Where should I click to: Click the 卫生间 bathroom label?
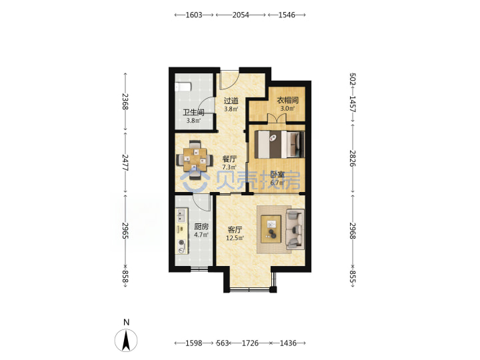coord(193,112)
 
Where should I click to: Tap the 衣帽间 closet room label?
coord(288,100)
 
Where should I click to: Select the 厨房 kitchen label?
coord(201,227)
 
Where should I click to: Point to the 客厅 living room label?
coord(235,229)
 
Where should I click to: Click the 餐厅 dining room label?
coord(229,159)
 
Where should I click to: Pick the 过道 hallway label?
coord(231,101)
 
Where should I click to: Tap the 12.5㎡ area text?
coord(235,238)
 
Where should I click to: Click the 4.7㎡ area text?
coord(201,235)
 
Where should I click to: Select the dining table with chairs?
coord(195,159)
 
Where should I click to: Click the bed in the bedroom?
coord(279,144)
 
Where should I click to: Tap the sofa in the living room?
coord(295,229)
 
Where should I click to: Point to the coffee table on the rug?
coord(271,229)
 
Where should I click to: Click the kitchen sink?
coord(181,215)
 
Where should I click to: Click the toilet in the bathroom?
coord(183,87)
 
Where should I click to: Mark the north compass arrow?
coord(126,341)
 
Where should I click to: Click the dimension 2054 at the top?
coord(240,15)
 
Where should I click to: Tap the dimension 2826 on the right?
coord(353,158)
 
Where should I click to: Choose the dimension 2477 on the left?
coord(125,163)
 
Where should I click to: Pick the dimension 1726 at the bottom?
coord(250,343)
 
